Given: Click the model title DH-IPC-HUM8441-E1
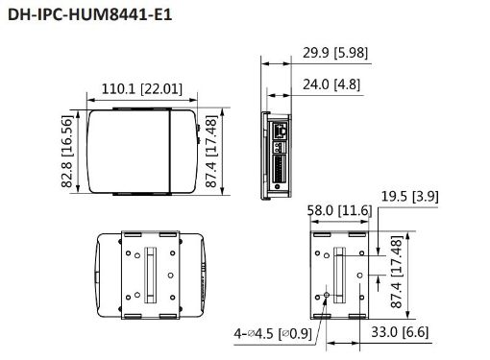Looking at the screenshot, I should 87,16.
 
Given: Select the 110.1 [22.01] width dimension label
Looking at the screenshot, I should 140,89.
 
